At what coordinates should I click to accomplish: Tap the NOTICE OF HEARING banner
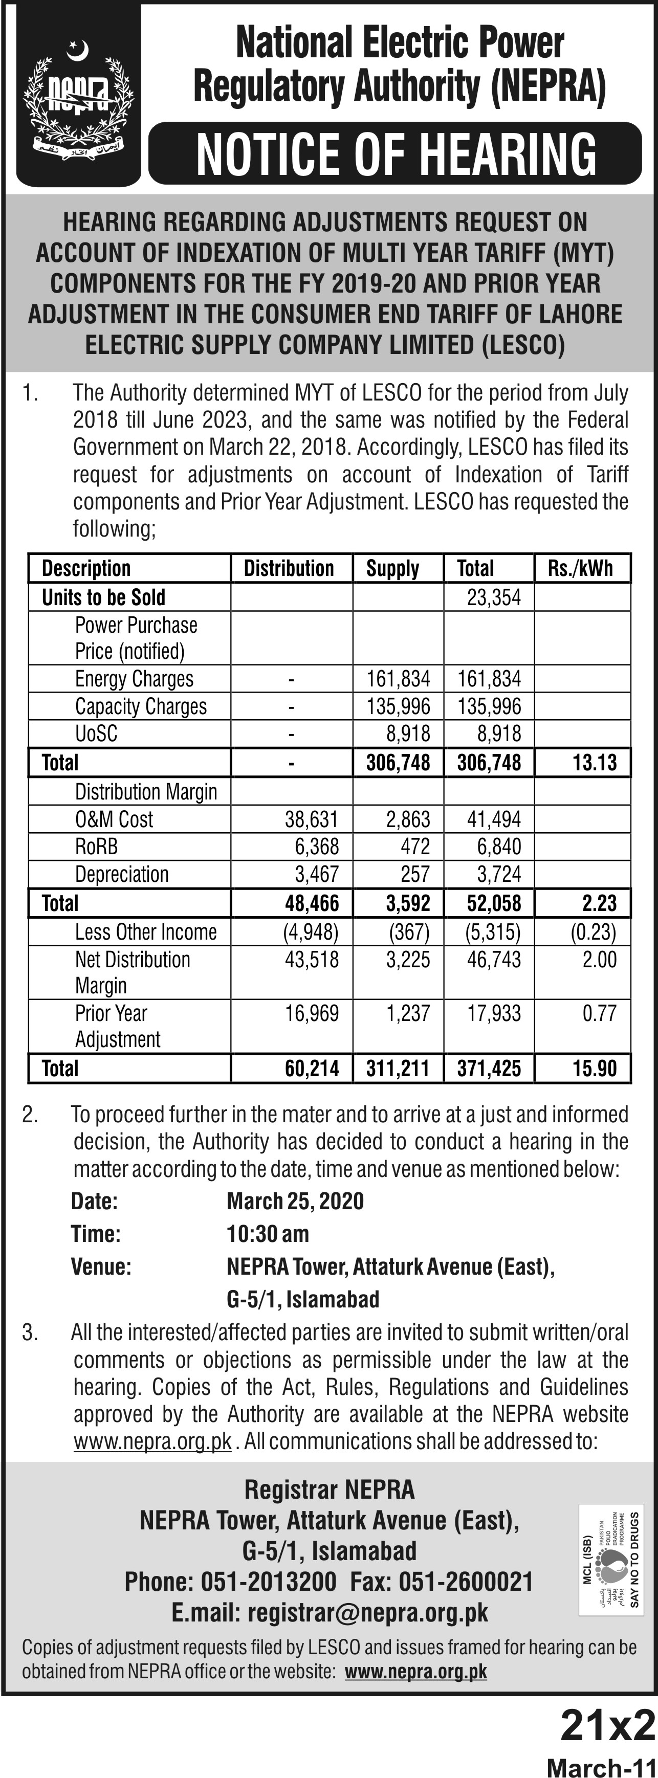[x=396, y=154]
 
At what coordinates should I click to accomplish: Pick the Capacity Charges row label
[x=141, y=706]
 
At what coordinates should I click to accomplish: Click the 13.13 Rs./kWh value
[x=594, y=763]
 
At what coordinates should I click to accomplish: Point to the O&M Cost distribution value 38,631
[x=312, y=819]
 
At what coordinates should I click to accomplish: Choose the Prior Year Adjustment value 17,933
[x=494, y=1013]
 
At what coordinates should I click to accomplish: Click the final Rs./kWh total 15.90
[x=594, y=1069]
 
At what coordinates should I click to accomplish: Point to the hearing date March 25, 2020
[x=295, y=1201]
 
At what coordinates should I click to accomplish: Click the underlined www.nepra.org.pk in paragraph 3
[x=152, y=1441]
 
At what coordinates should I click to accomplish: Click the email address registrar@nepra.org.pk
[x=367, y=1613]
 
